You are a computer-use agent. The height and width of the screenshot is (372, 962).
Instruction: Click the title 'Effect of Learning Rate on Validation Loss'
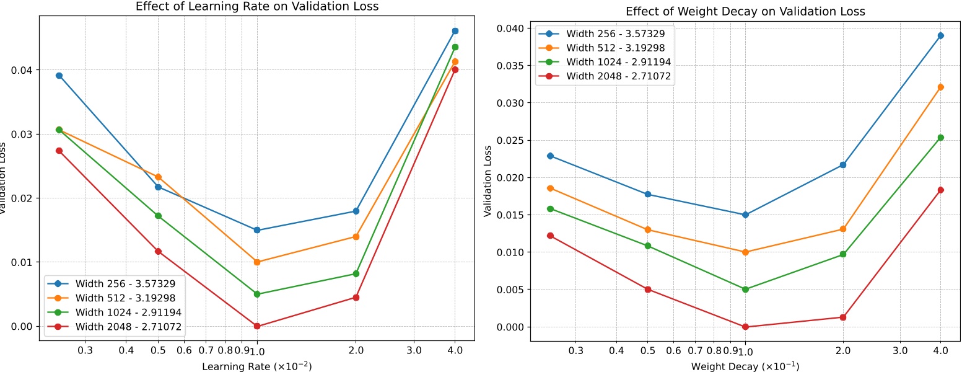pos(256,7)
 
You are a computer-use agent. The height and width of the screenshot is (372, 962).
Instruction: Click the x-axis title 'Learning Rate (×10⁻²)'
pos(256,366)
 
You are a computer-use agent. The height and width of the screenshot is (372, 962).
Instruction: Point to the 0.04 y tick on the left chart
pos(22,70)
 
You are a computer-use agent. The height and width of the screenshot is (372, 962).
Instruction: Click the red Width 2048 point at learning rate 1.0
pos(257,326)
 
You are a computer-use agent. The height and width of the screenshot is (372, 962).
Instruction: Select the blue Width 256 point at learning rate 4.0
pos(455,31)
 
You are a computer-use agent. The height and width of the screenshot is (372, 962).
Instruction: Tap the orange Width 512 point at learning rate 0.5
pos(158,177)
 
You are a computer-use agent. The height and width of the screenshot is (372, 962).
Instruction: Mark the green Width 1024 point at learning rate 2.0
pos(356,273)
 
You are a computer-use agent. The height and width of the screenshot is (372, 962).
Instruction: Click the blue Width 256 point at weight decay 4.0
pos(940,35)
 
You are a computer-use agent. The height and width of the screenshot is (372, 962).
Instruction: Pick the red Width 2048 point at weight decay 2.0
pos(843,317)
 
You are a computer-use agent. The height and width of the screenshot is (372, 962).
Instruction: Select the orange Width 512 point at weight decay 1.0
pos(745,252)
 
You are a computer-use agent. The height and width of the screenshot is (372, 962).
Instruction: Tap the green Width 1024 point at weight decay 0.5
pos(648,246)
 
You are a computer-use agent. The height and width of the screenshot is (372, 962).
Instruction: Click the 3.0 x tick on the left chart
pos(414,350)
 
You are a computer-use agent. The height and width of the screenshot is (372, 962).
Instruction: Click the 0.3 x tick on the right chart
pos(575,350)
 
